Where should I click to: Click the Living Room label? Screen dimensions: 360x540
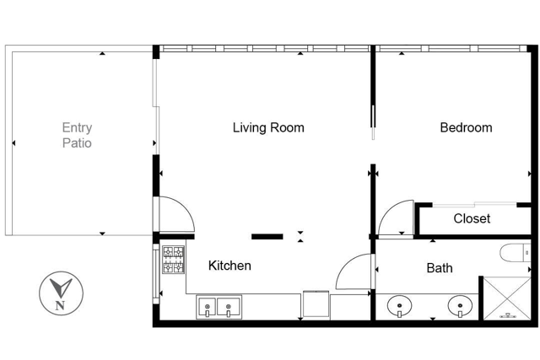(268, 128)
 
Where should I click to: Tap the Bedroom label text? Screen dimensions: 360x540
(466, 128)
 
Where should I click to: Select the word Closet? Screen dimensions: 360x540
(472, 218)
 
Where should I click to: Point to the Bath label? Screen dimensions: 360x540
(439, 268)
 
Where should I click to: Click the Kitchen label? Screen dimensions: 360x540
(229, 266)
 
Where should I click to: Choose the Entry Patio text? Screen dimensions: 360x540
(77, 136)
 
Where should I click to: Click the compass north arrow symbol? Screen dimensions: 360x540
(60, 287)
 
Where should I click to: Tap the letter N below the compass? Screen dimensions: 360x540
(60, 305)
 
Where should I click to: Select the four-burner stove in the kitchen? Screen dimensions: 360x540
(174, 260)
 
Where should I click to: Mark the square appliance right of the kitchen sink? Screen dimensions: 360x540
(315, 304)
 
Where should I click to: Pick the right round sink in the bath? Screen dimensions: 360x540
(460, 305)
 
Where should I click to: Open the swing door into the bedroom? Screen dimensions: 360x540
(395, 218)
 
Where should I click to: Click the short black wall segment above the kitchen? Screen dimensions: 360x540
(267, 236)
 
